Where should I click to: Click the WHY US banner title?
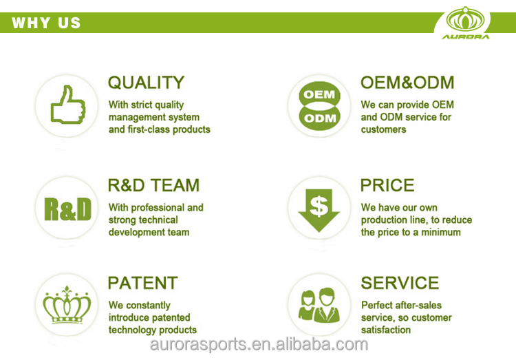pos(46,23)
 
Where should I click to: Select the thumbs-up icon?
pos(67,105)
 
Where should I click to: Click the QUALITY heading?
pos(146,83)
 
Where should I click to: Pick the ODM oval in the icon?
pos(319,118)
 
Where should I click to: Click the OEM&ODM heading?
pos(407,83)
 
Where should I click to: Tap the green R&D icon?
pos(67,209)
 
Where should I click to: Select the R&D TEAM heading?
pos(153,185)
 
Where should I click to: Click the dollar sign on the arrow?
pos(319,206)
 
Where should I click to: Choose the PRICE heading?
pos(387,185)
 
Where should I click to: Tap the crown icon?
pos(67,305)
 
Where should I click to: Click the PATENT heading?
pos(143,283)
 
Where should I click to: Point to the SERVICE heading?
pos(400,283)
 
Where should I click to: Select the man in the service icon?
pos(326,306)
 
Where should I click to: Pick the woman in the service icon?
pos(308,306)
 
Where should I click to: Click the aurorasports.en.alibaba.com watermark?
pos(259,344)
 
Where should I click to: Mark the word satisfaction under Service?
pos(386,330)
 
